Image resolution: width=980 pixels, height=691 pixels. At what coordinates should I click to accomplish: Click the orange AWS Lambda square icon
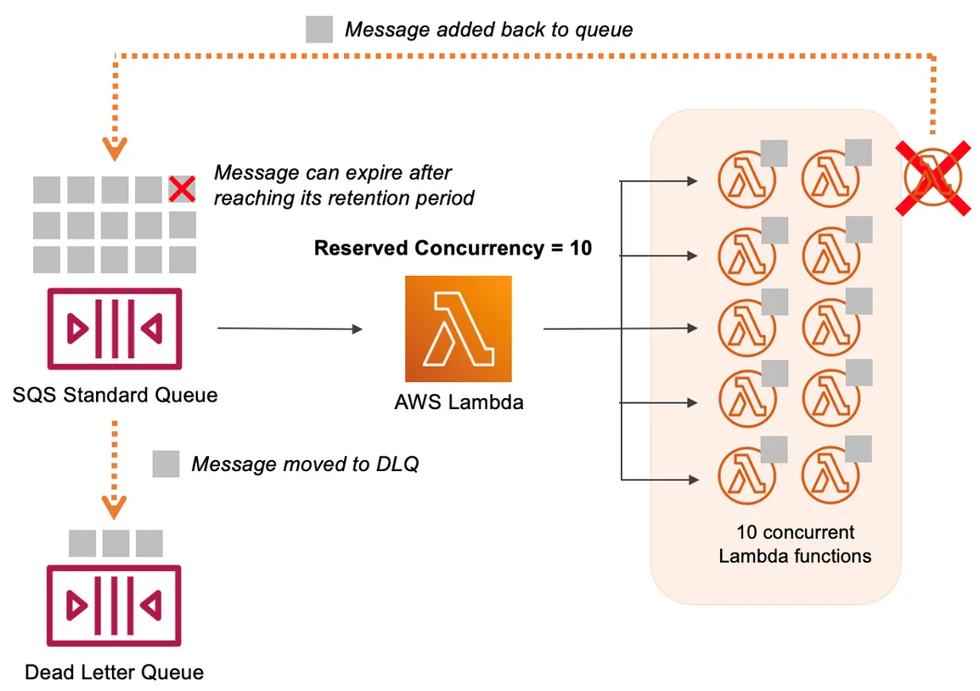459,329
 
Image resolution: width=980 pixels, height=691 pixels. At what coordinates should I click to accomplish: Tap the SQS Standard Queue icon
114,329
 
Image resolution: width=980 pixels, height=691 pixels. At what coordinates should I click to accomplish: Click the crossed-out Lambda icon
932,178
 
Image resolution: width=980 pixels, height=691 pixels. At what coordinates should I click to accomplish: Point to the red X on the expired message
182,188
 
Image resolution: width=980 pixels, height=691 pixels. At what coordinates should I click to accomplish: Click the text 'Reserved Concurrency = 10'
453,248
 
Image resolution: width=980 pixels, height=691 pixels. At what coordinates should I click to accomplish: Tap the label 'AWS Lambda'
459,402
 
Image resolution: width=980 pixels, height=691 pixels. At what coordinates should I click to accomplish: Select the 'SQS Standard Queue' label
115,395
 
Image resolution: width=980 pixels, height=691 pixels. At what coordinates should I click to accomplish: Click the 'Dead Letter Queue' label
114,672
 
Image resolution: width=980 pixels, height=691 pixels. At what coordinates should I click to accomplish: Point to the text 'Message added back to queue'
488,30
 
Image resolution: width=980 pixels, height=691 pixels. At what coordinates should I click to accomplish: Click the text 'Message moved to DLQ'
305,464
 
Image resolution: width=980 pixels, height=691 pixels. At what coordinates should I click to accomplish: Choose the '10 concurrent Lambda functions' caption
795,544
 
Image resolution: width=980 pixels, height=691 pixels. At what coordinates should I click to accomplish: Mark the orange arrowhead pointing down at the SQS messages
114,150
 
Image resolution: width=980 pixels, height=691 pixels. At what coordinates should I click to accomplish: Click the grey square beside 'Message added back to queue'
319,30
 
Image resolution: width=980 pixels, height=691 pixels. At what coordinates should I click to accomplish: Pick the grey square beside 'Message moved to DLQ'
166,463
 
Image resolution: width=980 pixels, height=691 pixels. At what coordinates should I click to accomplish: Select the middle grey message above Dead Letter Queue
115,543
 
